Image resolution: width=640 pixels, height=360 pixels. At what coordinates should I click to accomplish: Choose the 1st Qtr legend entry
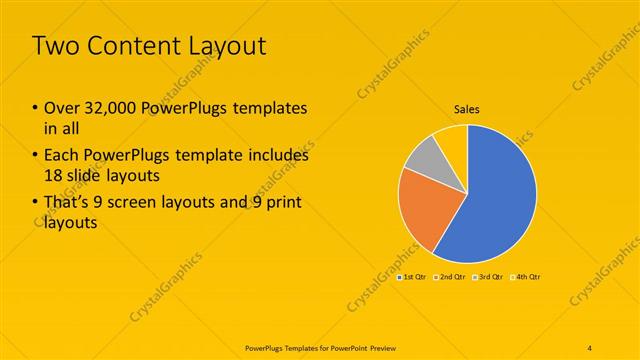point(413,277)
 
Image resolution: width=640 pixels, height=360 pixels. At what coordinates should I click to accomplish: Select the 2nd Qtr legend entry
point(453,277)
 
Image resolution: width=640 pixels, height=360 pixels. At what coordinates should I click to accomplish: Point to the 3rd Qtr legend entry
point(490,277)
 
